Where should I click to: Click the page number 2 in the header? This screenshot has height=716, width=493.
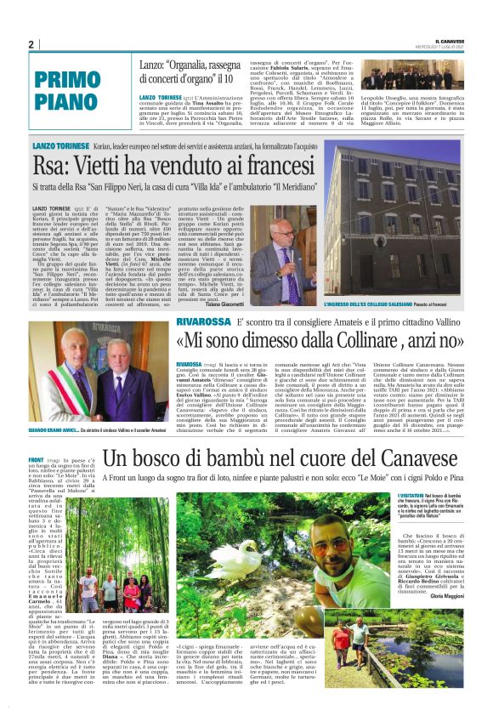pyautogui.click(x=31, y=44)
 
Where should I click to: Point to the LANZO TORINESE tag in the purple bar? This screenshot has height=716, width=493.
pyautogui.click(x=59, y=146)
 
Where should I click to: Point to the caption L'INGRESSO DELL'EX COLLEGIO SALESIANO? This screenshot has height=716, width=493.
pyautogui.click(x=371, y=304)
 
